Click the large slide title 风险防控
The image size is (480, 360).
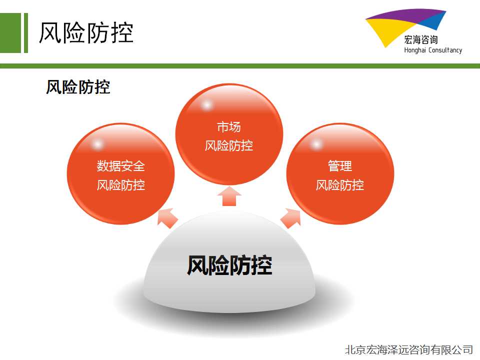tap(86, 32)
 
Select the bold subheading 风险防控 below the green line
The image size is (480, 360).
tap(78, 87)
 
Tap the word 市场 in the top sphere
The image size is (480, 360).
tap(229, 126)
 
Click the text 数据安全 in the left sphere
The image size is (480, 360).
tap(121, 166)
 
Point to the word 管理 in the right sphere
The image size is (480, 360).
tap(340, 166)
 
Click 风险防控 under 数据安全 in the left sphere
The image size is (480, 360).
tap(121, 185)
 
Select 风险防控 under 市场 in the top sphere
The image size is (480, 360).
tap(229, 145)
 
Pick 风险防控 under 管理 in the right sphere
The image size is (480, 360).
tap(340, 185)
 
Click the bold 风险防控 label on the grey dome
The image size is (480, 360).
tap(229, 265)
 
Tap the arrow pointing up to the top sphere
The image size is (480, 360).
tap(229, 196)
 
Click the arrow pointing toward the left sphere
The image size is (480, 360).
tap(167, 217)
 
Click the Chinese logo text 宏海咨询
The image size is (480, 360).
tap(421, 39)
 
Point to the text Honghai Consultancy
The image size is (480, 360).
tap(433, 50)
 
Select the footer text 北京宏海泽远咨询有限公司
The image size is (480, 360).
tap(409, 349)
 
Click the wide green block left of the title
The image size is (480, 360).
tap(10, 33)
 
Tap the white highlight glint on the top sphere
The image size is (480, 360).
tap(206, 105)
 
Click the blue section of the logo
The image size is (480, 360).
tap(433, 21)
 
